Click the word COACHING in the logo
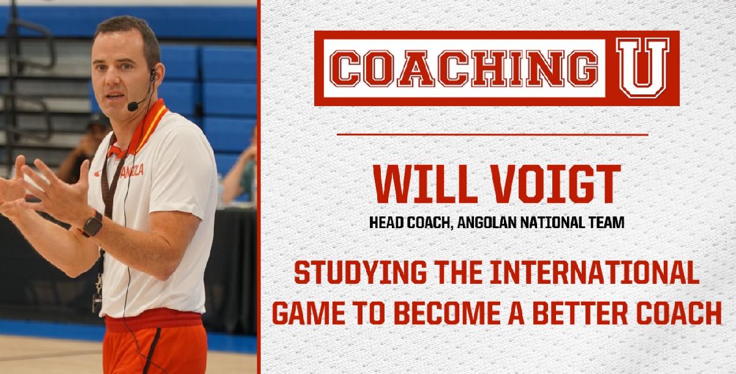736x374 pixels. click(466, 69)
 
